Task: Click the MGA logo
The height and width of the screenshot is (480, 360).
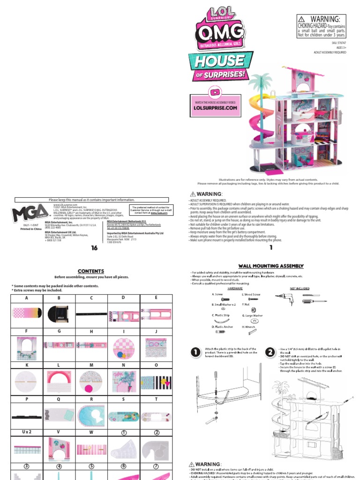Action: pos(29,213)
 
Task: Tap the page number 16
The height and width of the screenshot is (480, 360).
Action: pos(94,248)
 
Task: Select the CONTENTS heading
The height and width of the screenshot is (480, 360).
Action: pos(91,271)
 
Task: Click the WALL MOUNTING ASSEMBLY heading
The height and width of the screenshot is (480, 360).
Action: pos(271,266)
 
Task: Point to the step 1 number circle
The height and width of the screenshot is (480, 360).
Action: pos(196,352)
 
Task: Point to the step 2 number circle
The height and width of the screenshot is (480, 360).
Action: pos(270,352)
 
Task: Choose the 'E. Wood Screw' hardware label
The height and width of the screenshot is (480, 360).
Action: pos(251,294)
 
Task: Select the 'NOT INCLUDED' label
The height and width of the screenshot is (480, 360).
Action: pos(300,288)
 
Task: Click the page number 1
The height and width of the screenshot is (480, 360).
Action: pos(270,248)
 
